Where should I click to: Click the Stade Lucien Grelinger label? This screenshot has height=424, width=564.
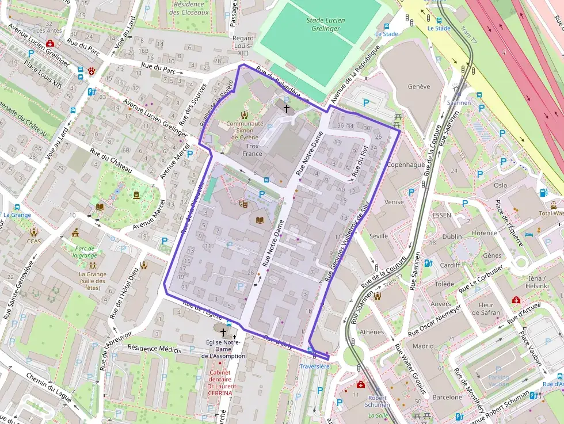click(326, 24)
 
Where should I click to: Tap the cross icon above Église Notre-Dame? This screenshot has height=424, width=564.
click(223, 332)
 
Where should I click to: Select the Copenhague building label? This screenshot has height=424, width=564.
click(406, 165)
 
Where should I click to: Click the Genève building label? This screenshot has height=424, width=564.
click(418, 87)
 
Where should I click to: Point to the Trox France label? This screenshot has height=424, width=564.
click(252, 150)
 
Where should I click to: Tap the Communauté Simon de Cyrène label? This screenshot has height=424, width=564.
click(245, 131)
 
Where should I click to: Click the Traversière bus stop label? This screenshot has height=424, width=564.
click(314, 366)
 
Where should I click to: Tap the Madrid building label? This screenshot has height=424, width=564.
click(422, 346)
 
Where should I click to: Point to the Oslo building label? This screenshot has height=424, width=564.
click(500, 185)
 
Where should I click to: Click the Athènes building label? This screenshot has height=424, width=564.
click(371, 332)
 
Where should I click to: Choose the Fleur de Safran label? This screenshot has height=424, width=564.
click(486, 309)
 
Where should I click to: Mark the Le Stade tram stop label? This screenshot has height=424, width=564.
click(439, 28)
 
